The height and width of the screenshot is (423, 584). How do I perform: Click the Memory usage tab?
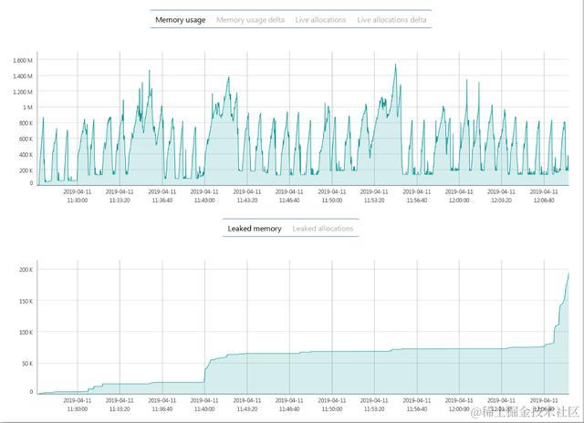180,19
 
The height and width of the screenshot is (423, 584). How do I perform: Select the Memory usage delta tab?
250,19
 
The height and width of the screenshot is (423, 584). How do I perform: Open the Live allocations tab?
319,19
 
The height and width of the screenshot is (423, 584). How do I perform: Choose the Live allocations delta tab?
391,19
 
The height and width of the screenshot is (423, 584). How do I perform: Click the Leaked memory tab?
255,229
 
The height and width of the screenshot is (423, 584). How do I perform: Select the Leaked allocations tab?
322,229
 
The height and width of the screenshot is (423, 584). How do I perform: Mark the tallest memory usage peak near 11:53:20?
395,65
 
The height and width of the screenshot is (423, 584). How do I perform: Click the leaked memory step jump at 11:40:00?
206,369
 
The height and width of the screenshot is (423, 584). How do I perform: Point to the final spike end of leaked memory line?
568,273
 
